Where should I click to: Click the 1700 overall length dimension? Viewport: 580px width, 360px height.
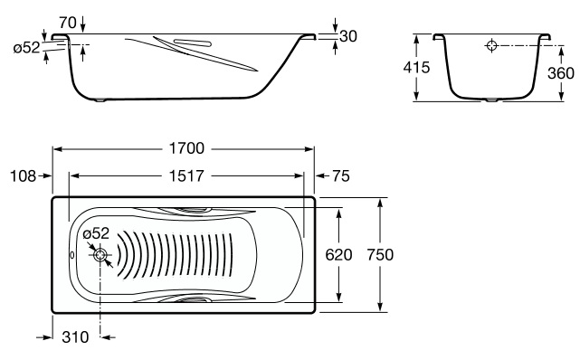[x=186, y=148]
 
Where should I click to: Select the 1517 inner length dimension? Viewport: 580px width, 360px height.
[x=186, y=176]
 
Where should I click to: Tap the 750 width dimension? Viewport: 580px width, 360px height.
[x=380, y=255]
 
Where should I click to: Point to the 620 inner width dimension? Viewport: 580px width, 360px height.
[x=338, y=255]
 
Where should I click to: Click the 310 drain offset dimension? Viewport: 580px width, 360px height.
[x=75, y=337]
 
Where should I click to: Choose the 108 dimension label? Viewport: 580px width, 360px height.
[x=23, y=176]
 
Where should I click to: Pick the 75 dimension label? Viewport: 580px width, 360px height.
[x=341, y=176]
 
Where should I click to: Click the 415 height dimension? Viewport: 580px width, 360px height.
[x=416, y=67]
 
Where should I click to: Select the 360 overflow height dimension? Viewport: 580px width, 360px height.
[x=561, y=73]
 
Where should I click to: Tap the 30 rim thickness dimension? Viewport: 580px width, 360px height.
[x=348, y=36]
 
